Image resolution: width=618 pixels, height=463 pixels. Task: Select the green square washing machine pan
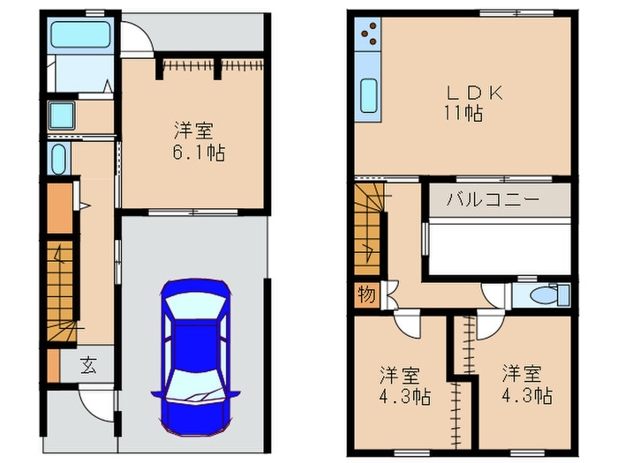tap(61, 115)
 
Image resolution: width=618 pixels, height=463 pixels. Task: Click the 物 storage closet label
tap(366, 295)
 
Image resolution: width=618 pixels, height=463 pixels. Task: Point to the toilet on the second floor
tap(540, 294)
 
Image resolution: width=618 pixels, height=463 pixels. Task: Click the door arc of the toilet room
tap(491, 296)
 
